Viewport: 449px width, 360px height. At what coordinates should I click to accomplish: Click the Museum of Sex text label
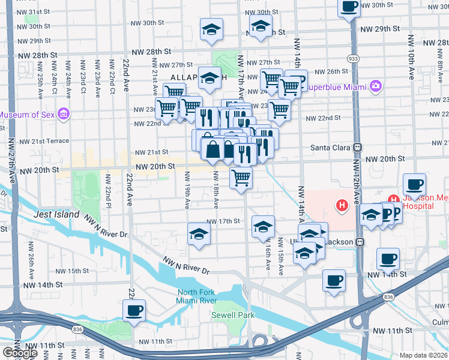tap(28, 115)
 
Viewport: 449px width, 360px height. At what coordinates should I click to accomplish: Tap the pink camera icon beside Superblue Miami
tap(376, 86)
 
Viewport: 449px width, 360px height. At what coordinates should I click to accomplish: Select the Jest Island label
tap(57, 214)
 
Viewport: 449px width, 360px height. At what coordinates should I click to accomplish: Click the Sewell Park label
tap(233, 315)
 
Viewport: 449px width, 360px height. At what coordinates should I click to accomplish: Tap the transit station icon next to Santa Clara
tap(358, 147)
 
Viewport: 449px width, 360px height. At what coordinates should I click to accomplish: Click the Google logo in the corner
tap(20, 353)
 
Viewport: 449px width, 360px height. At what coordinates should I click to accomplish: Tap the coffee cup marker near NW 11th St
tap(134, 311)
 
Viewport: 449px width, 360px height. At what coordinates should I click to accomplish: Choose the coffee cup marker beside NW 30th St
tap(349, 8)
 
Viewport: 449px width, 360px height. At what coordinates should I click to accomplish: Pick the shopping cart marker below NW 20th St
tap(241, 177)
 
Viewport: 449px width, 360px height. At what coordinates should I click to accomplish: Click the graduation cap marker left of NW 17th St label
tap(199, 234)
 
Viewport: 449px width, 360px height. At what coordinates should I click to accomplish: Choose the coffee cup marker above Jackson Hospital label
tap(414, 185)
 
